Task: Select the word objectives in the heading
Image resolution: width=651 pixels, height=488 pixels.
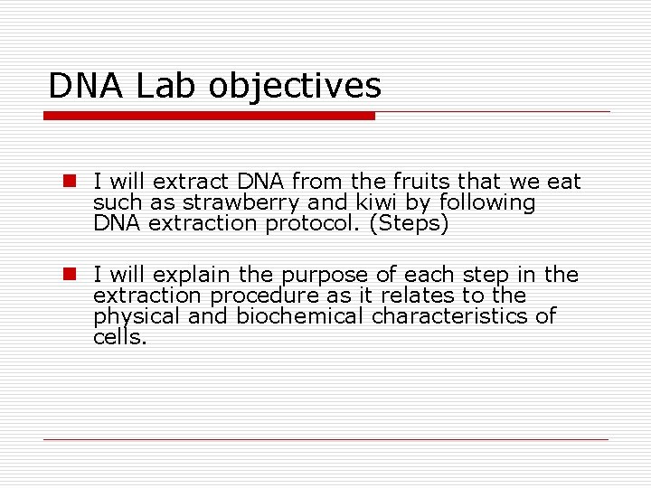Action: point(296,88)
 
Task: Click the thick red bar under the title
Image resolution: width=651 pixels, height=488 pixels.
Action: point(209,116)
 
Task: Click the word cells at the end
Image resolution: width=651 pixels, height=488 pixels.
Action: point(118,337)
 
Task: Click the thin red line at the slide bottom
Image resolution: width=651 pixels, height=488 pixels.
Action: point(325,439)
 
